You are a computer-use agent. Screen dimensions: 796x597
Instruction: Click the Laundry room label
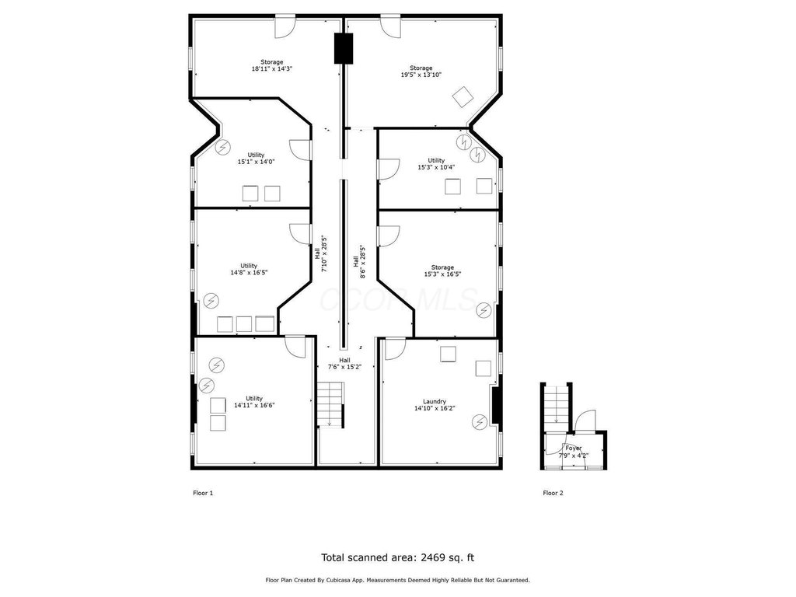click(x=435, y=401)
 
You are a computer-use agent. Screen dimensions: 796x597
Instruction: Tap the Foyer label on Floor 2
click(x=574, y=449)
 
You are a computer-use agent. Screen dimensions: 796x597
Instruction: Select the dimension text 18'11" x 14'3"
click(x=272, y=68)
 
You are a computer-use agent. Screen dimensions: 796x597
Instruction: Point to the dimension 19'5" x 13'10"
click(x=421, y=75)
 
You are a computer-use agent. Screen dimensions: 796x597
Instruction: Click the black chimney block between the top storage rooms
click(x=343, y=49)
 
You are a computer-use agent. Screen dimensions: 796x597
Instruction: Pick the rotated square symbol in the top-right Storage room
click(x=463, y=97)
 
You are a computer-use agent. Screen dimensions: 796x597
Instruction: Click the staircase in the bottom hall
click(x=331, y=404)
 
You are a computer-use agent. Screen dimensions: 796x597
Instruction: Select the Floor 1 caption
click(x=203, y=493)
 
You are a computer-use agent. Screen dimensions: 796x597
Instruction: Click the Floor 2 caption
click(x=553, y=493)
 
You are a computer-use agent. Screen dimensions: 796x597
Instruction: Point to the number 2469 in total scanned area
click(x=432, y=557)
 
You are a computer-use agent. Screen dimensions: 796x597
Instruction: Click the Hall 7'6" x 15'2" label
click(x=344, y=364)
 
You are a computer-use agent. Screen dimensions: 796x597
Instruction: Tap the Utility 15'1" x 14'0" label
click(x=256, y=159)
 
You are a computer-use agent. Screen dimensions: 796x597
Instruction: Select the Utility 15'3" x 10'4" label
click(x=436, y=163)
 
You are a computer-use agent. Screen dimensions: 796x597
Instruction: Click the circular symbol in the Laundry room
click(x=479, y=421)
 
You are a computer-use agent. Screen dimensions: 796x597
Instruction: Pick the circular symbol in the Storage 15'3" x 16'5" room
click(x=484, y=309)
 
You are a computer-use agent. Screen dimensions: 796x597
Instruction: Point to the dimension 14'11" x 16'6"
click(x=254, y=405)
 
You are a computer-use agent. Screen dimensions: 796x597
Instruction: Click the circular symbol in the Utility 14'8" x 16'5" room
click(x=211, y=301)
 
